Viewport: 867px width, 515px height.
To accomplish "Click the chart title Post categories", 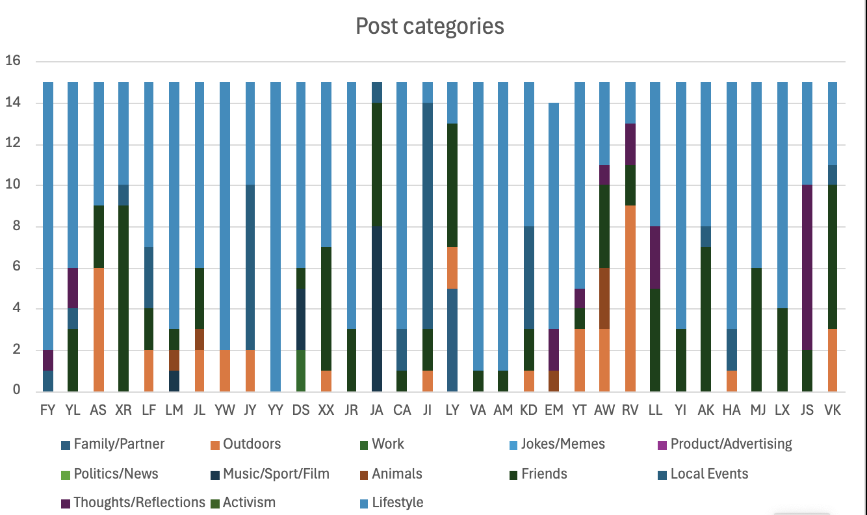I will [430, 26].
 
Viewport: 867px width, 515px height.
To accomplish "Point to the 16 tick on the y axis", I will [13, 61].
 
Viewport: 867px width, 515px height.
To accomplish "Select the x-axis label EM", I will [554, 410].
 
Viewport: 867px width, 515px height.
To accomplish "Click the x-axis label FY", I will [47, 410].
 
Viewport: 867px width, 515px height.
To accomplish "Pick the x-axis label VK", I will [833, 410].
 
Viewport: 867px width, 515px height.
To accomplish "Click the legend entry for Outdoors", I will [252, 444].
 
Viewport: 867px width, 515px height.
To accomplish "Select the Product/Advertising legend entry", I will [731, 444].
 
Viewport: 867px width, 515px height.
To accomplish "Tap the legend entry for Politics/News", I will [116, 473].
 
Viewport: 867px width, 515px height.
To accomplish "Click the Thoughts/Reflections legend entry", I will [139, 503].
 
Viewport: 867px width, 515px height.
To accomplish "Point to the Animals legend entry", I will [396, 473].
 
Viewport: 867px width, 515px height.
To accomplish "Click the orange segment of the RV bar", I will [630, 298].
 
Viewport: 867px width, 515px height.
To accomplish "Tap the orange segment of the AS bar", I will [98, 329].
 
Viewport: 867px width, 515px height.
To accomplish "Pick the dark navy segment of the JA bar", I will [377, 308].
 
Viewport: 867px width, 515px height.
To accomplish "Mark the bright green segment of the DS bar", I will [301, 370].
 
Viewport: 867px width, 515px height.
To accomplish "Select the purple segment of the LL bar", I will [655, 257].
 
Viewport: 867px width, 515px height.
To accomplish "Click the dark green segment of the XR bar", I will [123, 298].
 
